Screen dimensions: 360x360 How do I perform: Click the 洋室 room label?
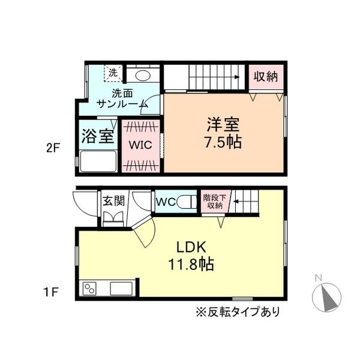click(x=224, y=125)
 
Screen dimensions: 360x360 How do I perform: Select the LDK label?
click(x=191, y=247)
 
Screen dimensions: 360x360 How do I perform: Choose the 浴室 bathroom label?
click(x=97, y=135)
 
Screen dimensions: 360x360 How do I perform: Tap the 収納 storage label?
click(x=265, y=77)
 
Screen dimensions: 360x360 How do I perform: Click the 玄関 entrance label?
click(x=113, y=201)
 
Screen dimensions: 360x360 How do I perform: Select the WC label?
click(x=166, y=202)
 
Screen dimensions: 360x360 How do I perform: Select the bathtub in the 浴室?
click(x=97, y=161)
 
